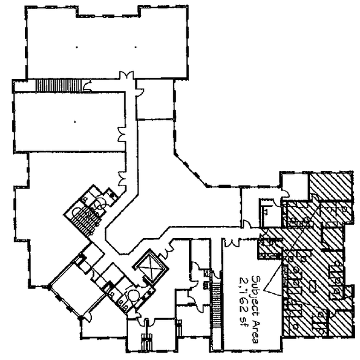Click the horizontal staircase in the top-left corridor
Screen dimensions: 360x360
(x=59, y=86)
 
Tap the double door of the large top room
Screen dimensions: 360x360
(x=126, y=75)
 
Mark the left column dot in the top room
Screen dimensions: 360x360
(x=77, y=47)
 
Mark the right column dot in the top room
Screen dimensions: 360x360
(x=135, y=47)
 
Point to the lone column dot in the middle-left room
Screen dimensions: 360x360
(x=75, y=122)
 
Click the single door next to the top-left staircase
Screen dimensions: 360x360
(x=87, y=86)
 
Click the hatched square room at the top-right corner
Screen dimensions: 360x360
(x=330, y=186)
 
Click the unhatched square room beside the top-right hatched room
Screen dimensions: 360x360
(x=294, y=186)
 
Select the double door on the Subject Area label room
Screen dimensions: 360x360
(x=233, y=242)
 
